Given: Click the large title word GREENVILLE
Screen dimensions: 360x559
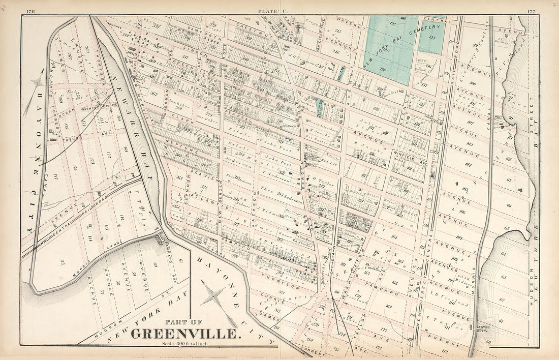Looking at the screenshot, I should point(185,334).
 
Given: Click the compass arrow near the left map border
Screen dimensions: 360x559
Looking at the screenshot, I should point(38,82).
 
